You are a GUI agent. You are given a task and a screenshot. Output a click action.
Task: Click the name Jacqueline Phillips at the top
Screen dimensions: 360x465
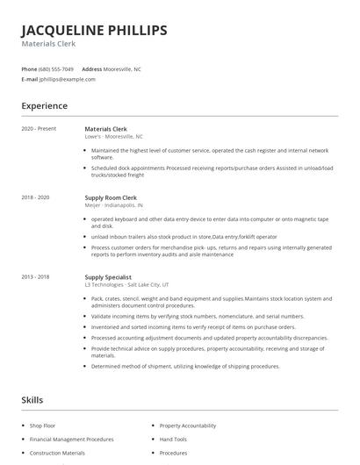click(x=94, y=31)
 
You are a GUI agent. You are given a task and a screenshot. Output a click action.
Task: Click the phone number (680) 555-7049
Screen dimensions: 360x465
click(x=57, y=68)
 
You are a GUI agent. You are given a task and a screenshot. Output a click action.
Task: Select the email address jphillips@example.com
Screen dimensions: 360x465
click(x=68, y=79)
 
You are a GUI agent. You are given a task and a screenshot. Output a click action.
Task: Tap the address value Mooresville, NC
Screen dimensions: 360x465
click(x=123, y=68)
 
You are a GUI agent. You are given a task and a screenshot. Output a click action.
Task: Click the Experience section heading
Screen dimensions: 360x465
click(x=45, y=106)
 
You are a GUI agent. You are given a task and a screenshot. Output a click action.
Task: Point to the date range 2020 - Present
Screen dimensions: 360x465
click(x=39, y=129)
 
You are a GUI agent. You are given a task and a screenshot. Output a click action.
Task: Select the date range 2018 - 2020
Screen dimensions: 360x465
click(x=35, y=198)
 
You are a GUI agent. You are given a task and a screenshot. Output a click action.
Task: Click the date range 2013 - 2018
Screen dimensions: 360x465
click(x=35, y=277)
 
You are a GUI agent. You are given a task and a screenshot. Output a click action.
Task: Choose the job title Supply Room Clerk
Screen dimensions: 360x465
click(x=111, y=198)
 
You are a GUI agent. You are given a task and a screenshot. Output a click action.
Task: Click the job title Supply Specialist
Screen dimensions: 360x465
click(x=107, y=277)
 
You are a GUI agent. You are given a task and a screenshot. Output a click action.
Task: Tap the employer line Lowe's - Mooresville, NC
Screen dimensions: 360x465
click(x=113, y=137)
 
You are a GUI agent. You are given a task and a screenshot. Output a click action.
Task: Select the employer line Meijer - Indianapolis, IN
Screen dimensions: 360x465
click(x=116, y=206)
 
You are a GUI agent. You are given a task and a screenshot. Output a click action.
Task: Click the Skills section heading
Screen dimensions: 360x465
click(x=32, y=400)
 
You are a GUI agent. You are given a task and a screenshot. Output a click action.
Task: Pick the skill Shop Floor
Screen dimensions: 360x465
click(x=43, y=425)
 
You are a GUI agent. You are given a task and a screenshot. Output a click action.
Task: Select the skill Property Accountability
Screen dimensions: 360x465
click(x=188, y=425)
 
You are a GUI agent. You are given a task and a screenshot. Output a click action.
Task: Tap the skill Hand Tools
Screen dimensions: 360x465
click(x=173, y=439)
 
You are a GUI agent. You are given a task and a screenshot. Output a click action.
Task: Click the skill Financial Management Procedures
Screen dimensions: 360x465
click(x=71, y=439)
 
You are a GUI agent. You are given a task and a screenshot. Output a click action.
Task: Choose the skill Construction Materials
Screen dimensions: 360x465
click(x=57, y=453)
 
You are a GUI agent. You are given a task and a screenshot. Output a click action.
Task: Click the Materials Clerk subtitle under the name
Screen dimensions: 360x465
click(x=48, y=44)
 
